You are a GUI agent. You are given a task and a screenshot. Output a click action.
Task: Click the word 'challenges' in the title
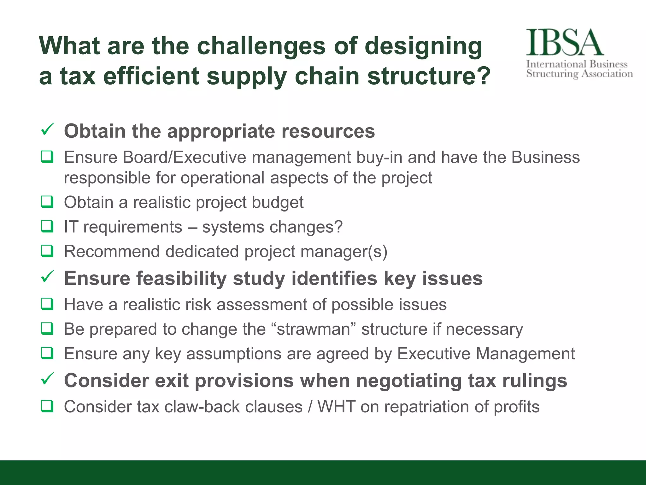pos(261,46)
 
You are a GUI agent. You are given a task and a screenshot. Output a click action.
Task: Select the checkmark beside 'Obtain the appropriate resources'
pos(48,129)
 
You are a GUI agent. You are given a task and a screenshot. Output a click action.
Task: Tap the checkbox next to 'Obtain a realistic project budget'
pos(47,202)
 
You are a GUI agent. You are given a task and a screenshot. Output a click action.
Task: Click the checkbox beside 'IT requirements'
pos(47,227)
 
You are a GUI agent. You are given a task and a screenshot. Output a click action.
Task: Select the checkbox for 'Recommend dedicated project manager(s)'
pos(47,251)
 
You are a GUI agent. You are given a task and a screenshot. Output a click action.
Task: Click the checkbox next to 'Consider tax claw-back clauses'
pos(47,406)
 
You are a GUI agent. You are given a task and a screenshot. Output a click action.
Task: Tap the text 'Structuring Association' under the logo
pos(579,74)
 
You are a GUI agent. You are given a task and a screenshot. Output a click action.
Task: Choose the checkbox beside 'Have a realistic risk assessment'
pos(47,304)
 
